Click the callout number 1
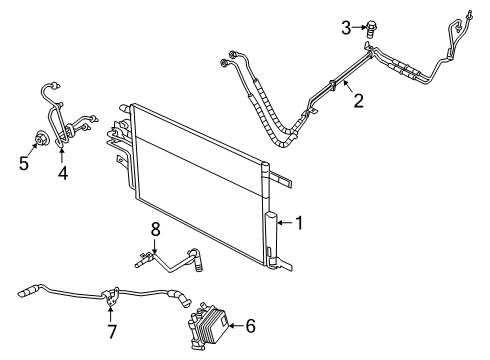click(x=298, y=225)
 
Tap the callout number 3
click(x=347, y=28)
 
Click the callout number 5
click(x=24, y=160)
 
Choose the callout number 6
click(x=251, y=325)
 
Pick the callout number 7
click(x=112, y=329)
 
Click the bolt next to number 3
click(x=372, y=28)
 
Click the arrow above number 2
click(x=347, y=88)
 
